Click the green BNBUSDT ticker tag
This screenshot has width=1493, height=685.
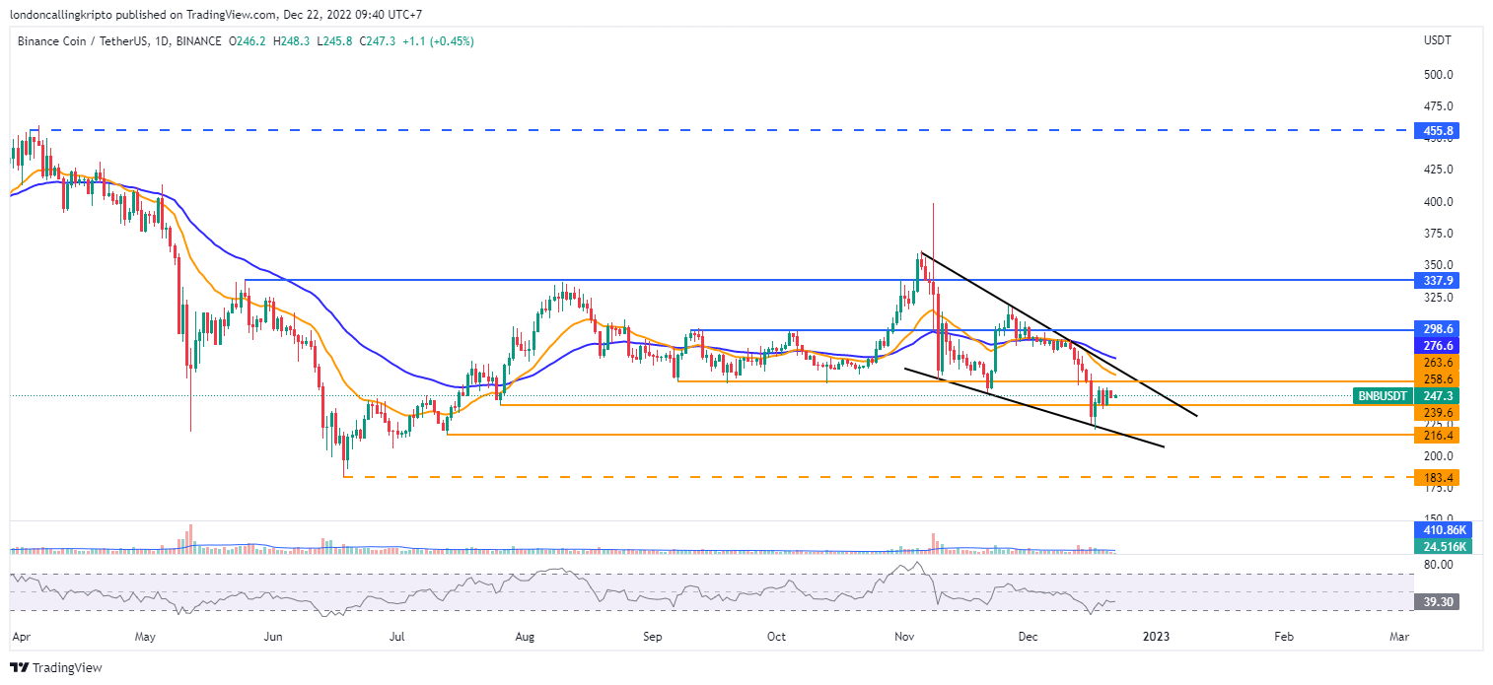point(1383,395)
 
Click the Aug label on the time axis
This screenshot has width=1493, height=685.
point(524,638)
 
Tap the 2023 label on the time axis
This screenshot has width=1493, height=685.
point(1156,638)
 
